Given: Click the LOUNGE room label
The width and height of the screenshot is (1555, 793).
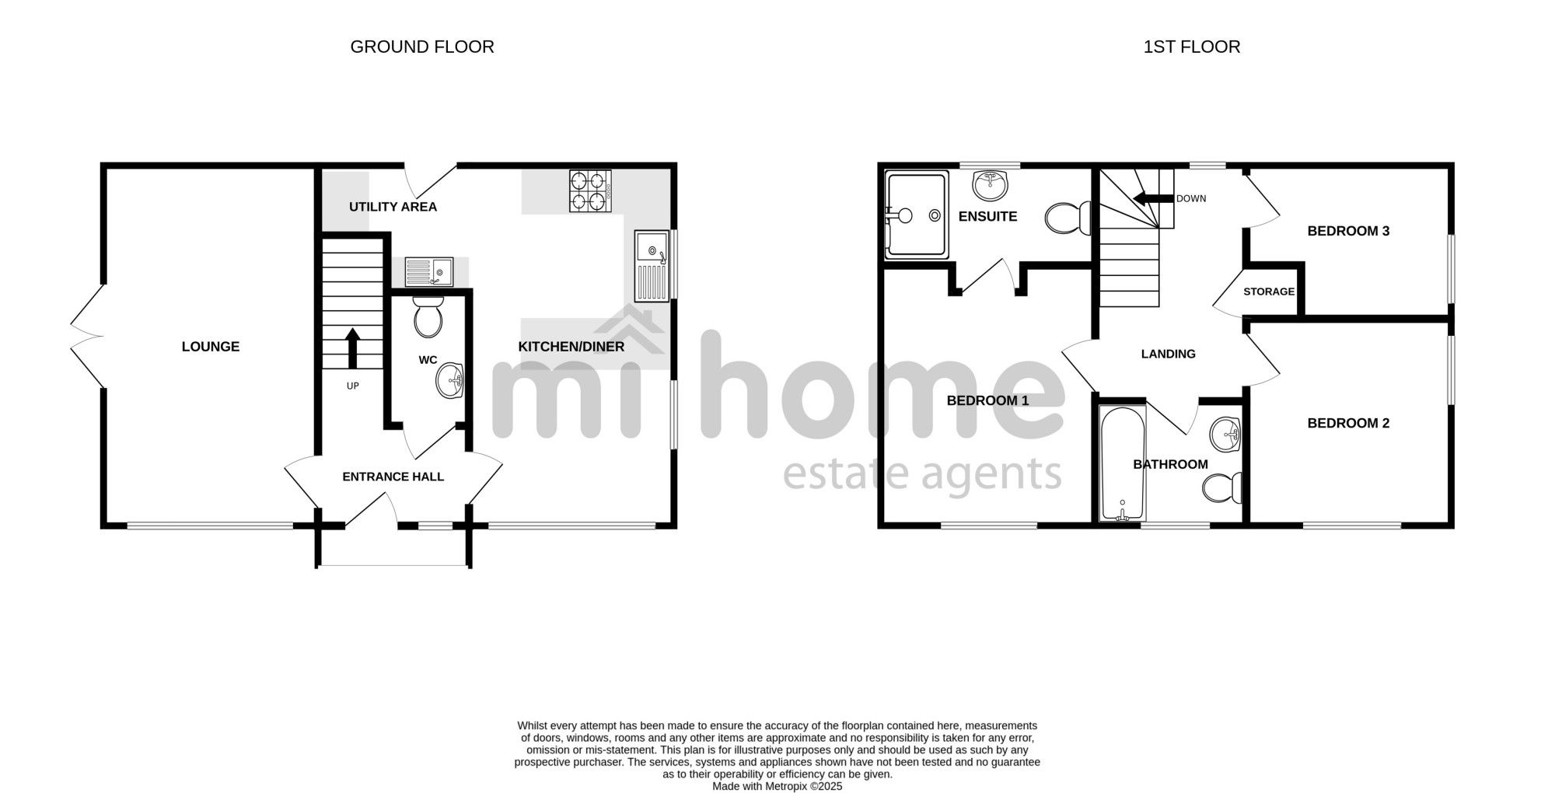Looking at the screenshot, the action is (x=211, y=347).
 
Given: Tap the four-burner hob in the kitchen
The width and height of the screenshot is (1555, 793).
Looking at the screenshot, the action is (x=590, y=191).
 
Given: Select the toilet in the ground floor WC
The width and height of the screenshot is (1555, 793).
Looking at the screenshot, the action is (x=428, y=316).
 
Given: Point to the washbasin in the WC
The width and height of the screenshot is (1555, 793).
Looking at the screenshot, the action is (x=451, y=381).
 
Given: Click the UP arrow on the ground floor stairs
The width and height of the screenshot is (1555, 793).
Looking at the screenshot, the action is (x=352, y=348).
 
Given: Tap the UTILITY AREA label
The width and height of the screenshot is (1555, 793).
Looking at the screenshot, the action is (x=393, y=207).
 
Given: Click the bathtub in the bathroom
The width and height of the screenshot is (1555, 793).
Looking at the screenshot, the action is (x=1123, y=463).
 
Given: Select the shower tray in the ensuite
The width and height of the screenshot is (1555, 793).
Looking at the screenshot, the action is (x=917, y=215).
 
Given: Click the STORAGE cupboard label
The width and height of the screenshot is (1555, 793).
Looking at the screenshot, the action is (x=1269, y=292).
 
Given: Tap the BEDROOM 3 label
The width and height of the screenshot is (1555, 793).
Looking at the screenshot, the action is (x=1348, y=231).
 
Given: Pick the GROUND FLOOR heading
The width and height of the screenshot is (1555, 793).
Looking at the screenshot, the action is (x=422, y=47).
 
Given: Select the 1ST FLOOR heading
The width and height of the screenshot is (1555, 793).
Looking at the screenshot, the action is (x=1192, y=47).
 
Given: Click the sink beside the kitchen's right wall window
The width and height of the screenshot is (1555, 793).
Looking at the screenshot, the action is (x=652, y=266).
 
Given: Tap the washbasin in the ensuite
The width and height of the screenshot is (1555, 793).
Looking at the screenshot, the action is (x=990, y=185).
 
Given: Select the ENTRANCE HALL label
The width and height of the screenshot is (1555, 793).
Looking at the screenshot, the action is (x=393, y=477).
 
